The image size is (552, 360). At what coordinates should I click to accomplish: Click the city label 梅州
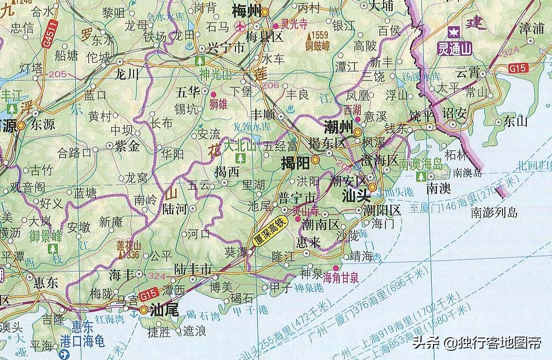click(247, 11)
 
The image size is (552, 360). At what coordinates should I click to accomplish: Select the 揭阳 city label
click(296, 164)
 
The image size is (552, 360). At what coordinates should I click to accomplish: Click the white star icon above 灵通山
click(453, 33)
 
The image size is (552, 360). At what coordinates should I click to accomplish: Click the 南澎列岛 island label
click(494, 212)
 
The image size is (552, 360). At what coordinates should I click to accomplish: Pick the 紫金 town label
click(127, 145)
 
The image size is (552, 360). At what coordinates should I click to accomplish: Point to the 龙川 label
click(126, 74)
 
